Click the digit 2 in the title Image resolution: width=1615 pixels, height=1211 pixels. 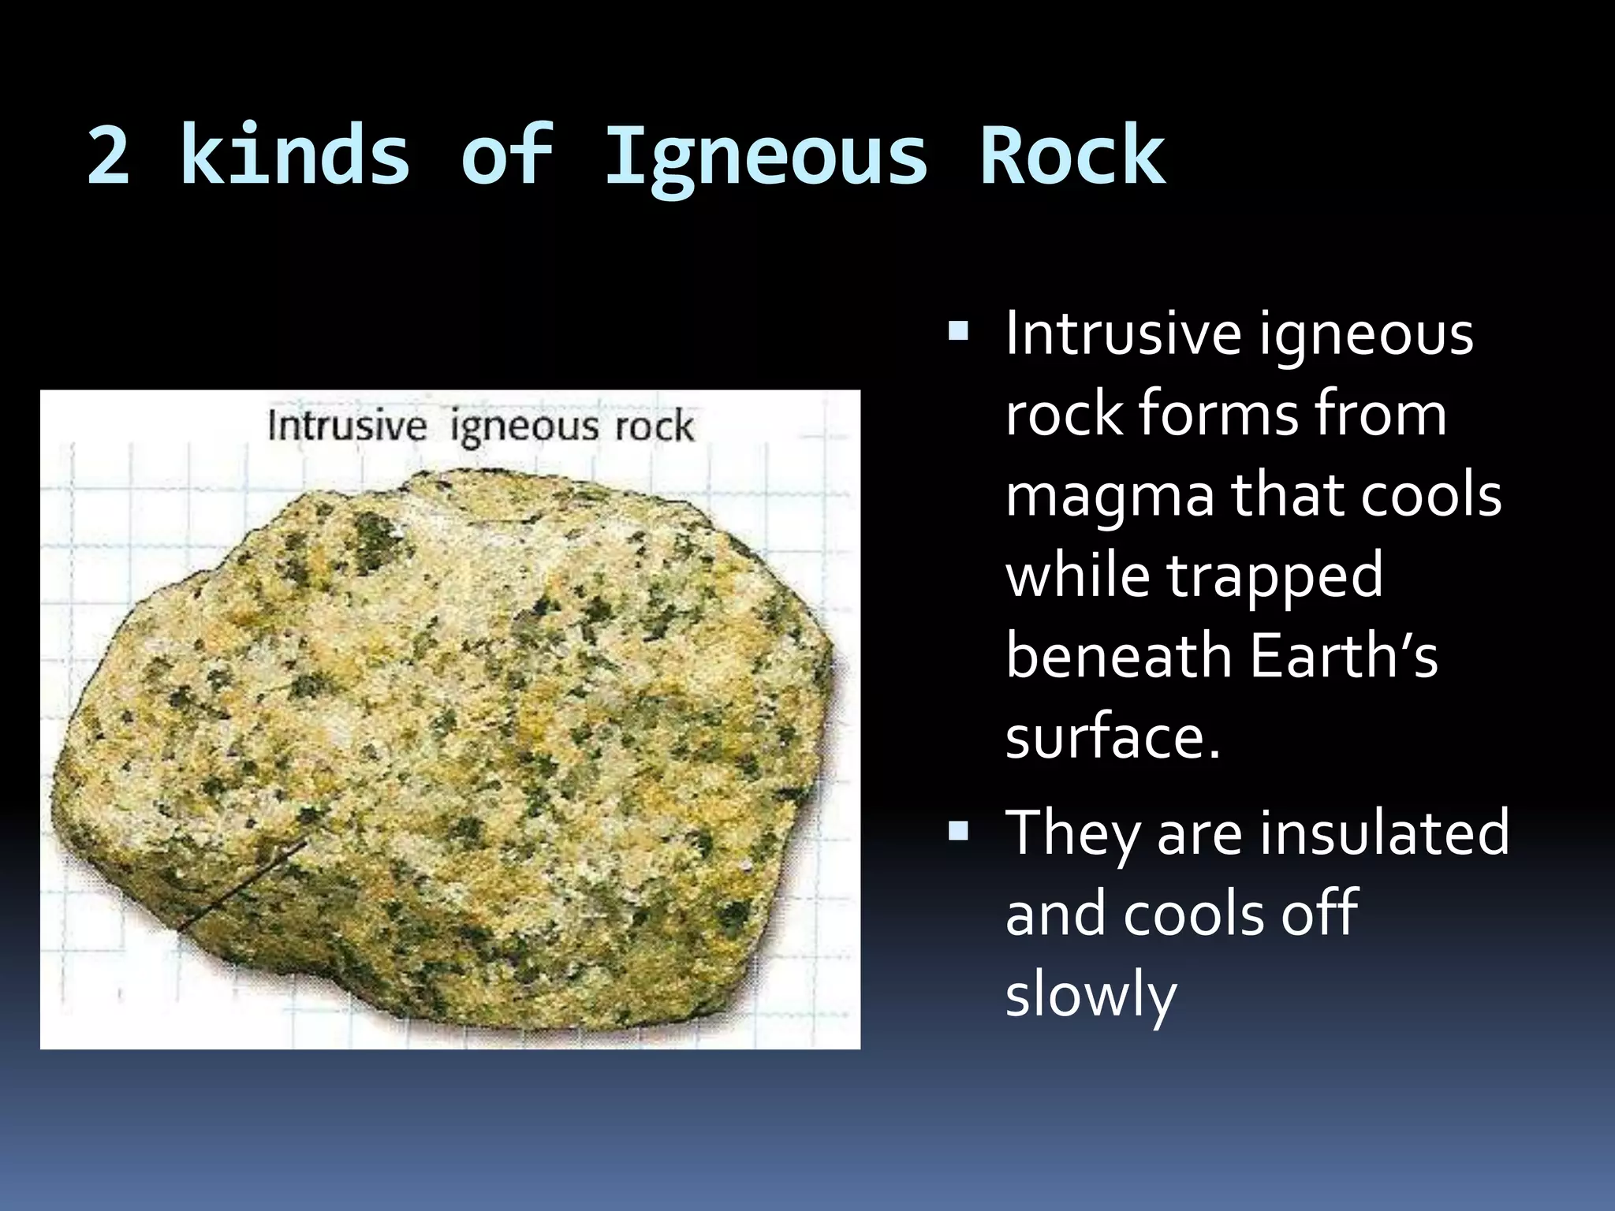pos(108,155)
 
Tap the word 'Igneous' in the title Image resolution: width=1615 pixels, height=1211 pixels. pos(766,158)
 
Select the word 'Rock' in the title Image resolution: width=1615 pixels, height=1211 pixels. pos(1072,155)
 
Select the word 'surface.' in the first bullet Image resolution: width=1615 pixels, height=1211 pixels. pos(1113,736)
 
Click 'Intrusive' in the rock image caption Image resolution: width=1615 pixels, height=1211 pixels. pos(347,427)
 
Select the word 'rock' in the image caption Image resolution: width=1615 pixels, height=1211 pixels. pos(654,427)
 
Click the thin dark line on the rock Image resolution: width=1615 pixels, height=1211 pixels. pos(244,883)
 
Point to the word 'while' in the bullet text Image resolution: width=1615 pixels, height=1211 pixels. pos(1076,575)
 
